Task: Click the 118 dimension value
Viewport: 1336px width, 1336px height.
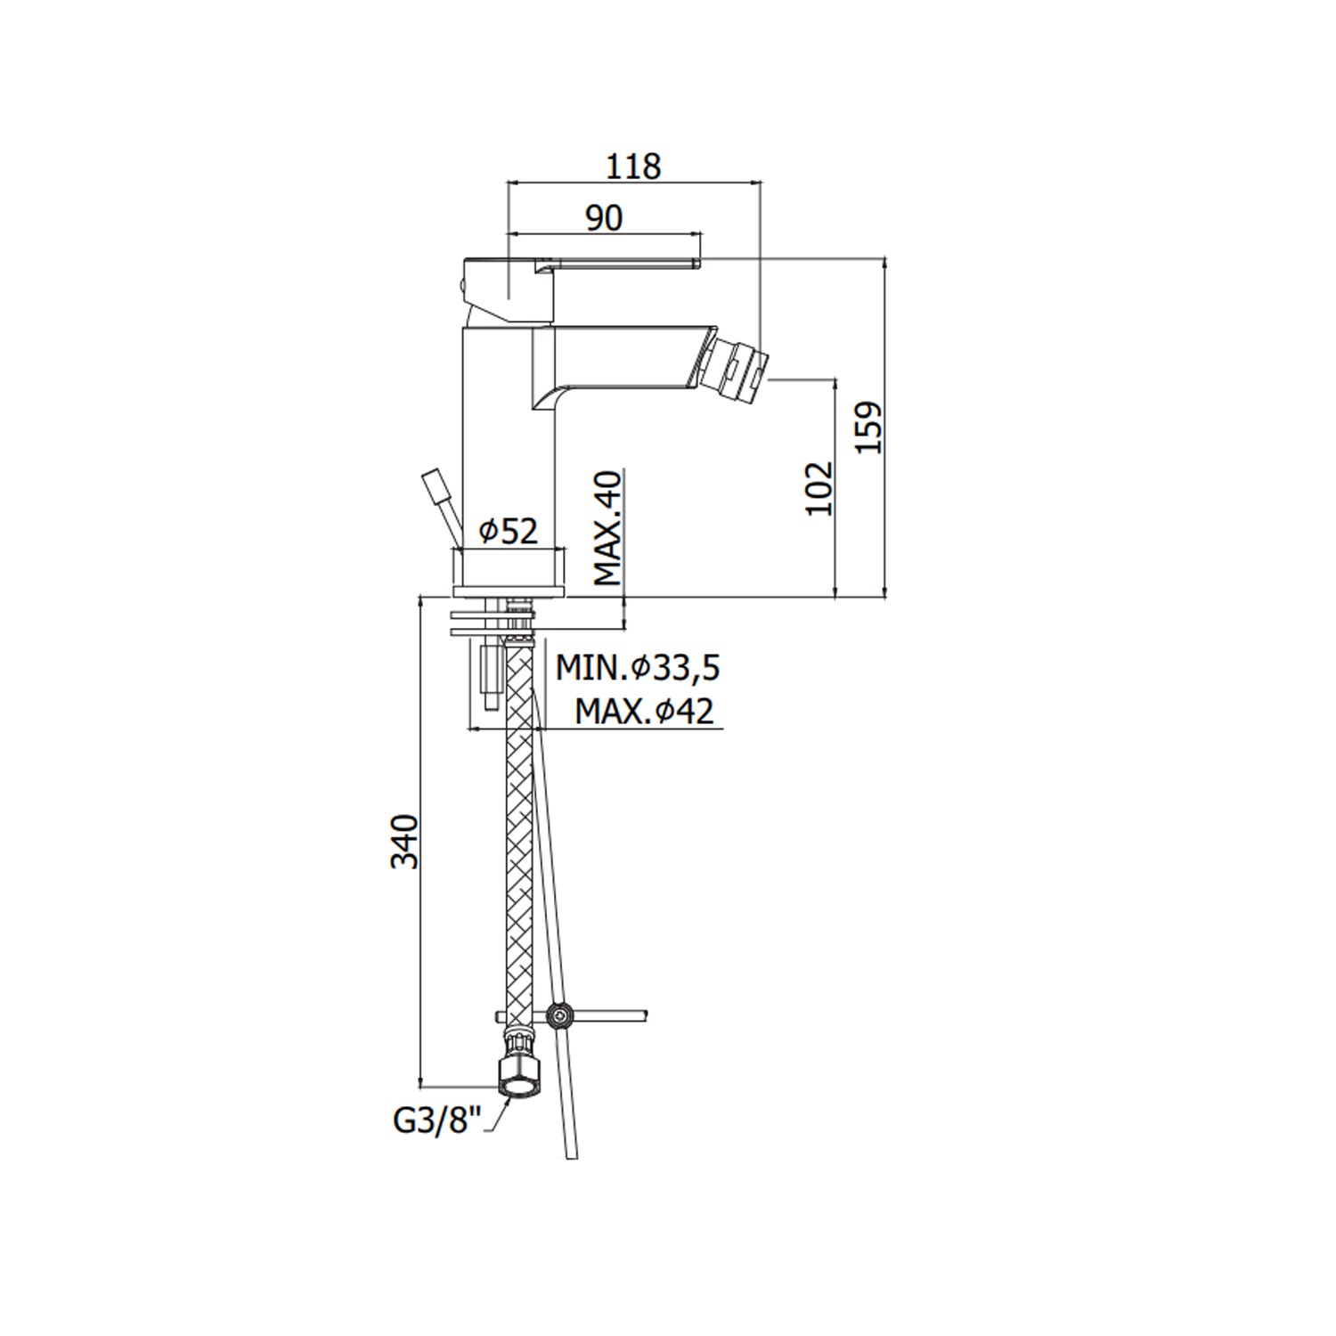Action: (x=633, y=167)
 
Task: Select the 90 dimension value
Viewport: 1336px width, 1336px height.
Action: (x=604, y=218)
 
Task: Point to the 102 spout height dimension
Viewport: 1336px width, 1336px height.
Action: (x=819, y=488)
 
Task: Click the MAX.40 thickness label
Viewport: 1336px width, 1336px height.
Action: (x=608, y=528)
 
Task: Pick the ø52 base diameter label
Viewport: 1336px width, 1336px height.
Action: (x=509, y=532)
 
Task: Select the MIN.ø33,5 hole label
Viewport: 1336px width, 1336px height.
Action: (x=638, y=666)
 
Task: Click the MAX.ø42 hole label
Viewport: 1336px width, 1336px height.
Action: (x=644, y=711)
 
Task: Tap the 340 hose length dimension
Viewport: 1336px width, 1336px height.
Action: (x=404, y=841)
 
